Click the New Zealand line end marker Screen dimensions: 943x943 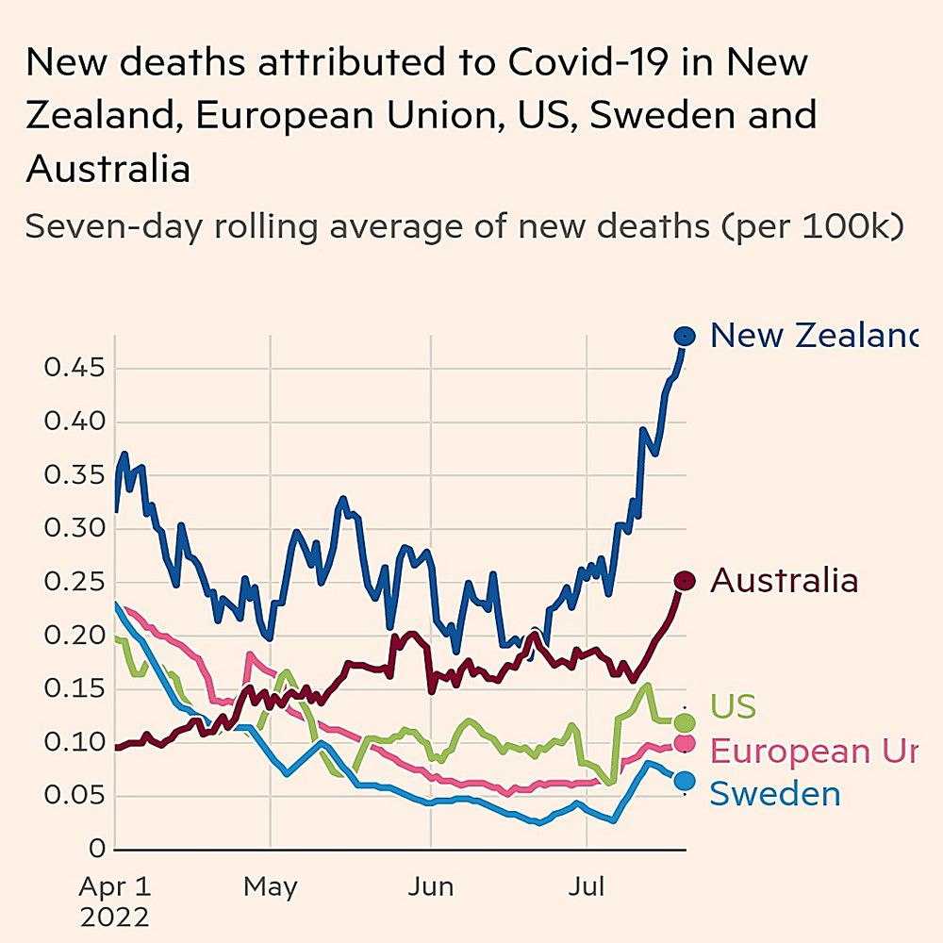(684, 336)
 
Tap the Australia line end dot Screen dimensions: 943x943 (684, 581)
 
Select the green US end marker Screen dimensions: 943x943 (685, 722)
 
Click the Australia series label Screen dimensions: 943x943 (784, 581)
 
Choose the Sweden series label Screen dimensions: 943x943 (774, 794)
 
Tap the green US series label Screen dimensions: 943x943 (733, 706)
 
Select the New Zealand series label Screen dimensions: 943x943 (811, 335)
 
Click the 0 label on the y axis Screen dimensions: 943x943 (96, 850)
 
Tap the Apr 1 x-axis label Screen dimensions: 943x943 (115, 887)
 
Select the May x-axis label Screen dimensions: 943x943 (270, 887)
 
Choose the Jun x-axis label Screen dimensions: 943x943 (430, 887)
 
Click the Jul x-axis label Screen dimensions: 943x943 (589, 887)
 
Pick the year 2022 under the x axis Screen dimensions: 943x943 (115, 918)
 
